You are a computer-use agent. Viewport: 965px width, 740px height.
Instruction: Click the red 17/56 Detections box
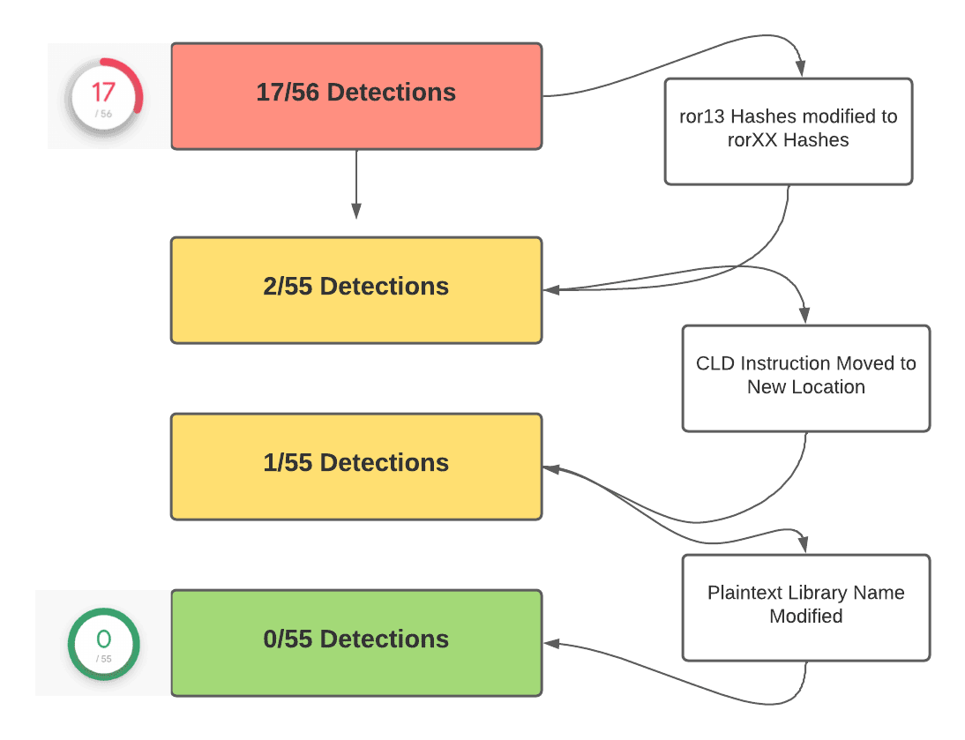(x=355, y=95)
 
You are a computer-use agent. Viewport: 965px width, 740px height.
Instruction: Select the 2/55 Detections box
(x=355, y=289)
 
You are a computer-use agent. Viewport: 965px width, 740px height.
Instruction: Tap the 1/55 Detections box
(x=355, y=466)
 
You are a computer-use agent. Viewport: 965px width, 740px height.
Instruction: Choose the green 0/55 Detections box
(x=355, y=642)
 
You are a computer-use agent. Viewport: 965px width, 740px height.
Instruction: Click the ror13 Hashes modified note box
(x=788, y=131)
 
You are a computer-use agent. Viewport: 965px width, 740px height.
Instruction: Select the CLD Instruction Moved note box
(x=805, y=377)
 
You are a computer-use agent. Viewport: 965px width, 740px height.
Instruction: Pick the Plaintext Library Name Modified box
(x=805, y=607)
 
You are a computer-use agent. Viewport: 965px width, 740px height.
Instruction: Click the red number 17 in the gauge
(x=103, y=92)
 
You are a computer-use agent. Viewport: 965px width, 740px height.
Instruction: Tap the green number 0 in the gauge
(x=103, y=639)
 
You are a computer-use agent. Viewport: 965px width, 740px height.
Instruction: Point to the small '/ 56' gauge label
(x=104, y=114)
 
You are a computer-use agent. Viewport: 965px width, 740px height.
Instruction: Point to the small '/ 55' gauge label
(x=104, y=659)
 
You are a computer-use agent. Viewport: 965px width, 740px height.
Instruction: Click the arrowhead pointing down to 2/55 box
(x=356, y=212)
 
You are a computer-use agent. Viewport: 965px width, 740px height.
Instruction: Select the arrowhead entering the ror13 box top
(x=801, y=69)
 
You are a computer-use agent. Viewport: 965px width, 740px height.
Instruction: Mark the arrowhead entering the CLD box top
(x=804, y=316)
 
